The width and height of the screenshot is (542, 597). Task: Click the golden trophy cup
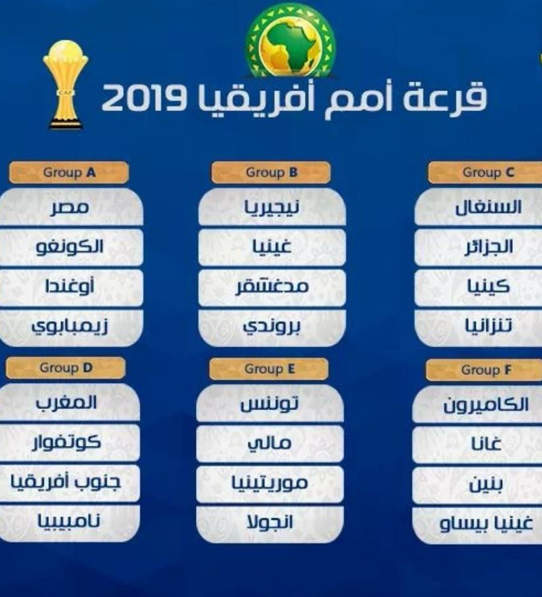65,85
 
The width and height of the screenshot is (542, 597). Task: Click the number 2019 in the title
144,98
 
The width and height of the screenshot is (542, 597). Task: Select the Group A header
69,172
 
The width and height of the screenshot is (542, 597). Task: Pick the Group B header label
271,172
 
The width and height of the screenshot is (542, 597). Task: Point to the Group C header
486,172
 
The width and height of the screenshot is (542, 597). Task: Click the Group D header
65,368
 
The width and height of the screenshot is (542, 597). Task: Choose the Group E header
269,369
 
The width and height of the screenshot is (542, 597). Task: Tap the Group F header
485,370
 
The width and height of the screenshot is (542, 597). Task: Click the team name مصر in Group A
70,208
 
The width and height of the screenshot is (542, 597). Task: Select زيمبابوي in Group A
70,327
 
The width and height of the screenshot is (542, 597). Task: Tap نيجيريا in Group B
271,208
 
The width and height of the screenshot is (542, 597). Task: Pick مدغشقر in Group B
272,287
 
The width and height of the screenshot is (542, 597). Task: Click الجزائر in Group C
489,247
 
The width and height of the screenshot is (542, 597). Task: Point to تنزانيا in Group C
489,325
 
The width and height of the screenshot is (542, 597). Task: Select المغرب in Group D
66,403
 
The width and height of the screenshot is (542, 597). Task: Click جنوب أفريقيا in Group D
65,482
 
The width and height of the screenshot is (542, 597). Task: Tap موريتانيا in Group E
270,483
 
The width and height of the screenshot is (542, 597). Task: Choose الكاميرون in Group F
486,405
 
